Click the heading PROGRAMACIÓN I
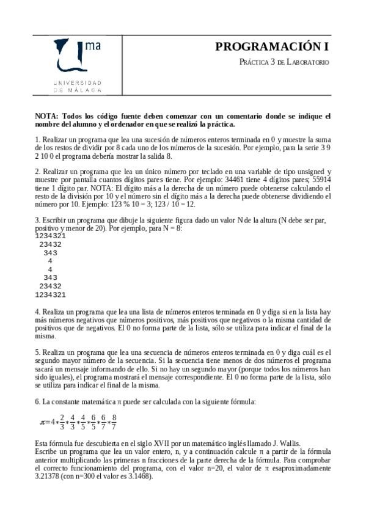272,47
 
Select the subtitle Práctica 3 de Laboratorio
284,62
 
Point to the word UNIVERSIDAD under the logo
78,82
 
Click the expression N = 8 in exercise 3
170,227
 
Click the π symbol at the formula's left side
43,422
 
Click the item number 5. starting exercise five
37,352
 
